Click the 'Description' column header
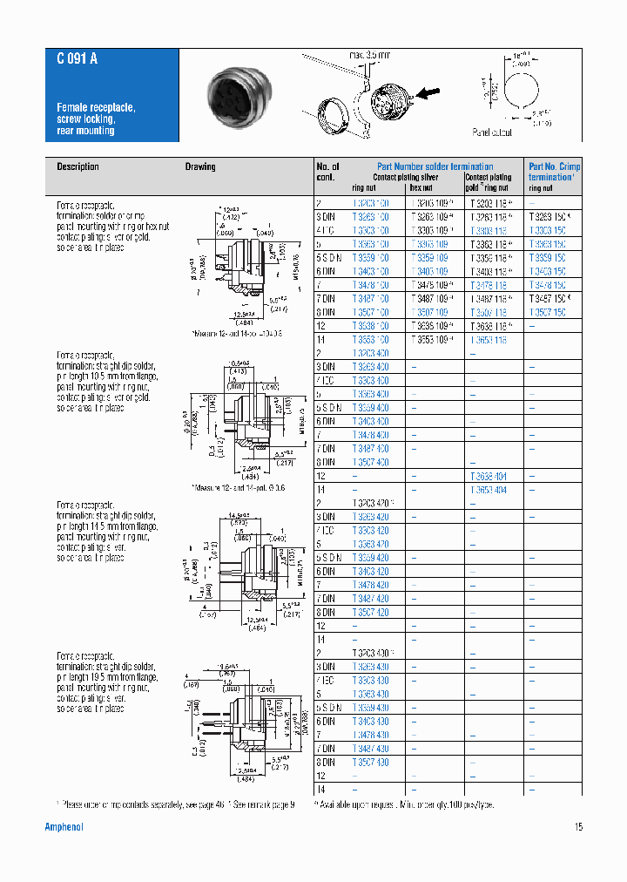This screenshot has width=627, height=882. click(x=78, y=166)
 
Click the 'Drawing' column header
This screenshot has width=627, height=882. click(x=200, y=166)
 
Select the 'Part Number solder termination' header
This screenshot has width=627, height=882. click(x=435, y=166)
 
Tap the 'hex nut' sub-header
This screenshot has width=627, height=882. click(x=421, y=187)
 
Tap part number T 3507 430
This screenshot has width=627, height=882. click(x=370, y=763)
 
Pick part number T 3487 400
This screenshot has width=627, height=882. click(x=370, y=449)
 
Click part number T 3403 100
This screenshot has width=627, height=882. click(x=370, y=271)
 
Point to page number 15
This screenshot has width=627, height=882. click(x=577, y=827)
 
